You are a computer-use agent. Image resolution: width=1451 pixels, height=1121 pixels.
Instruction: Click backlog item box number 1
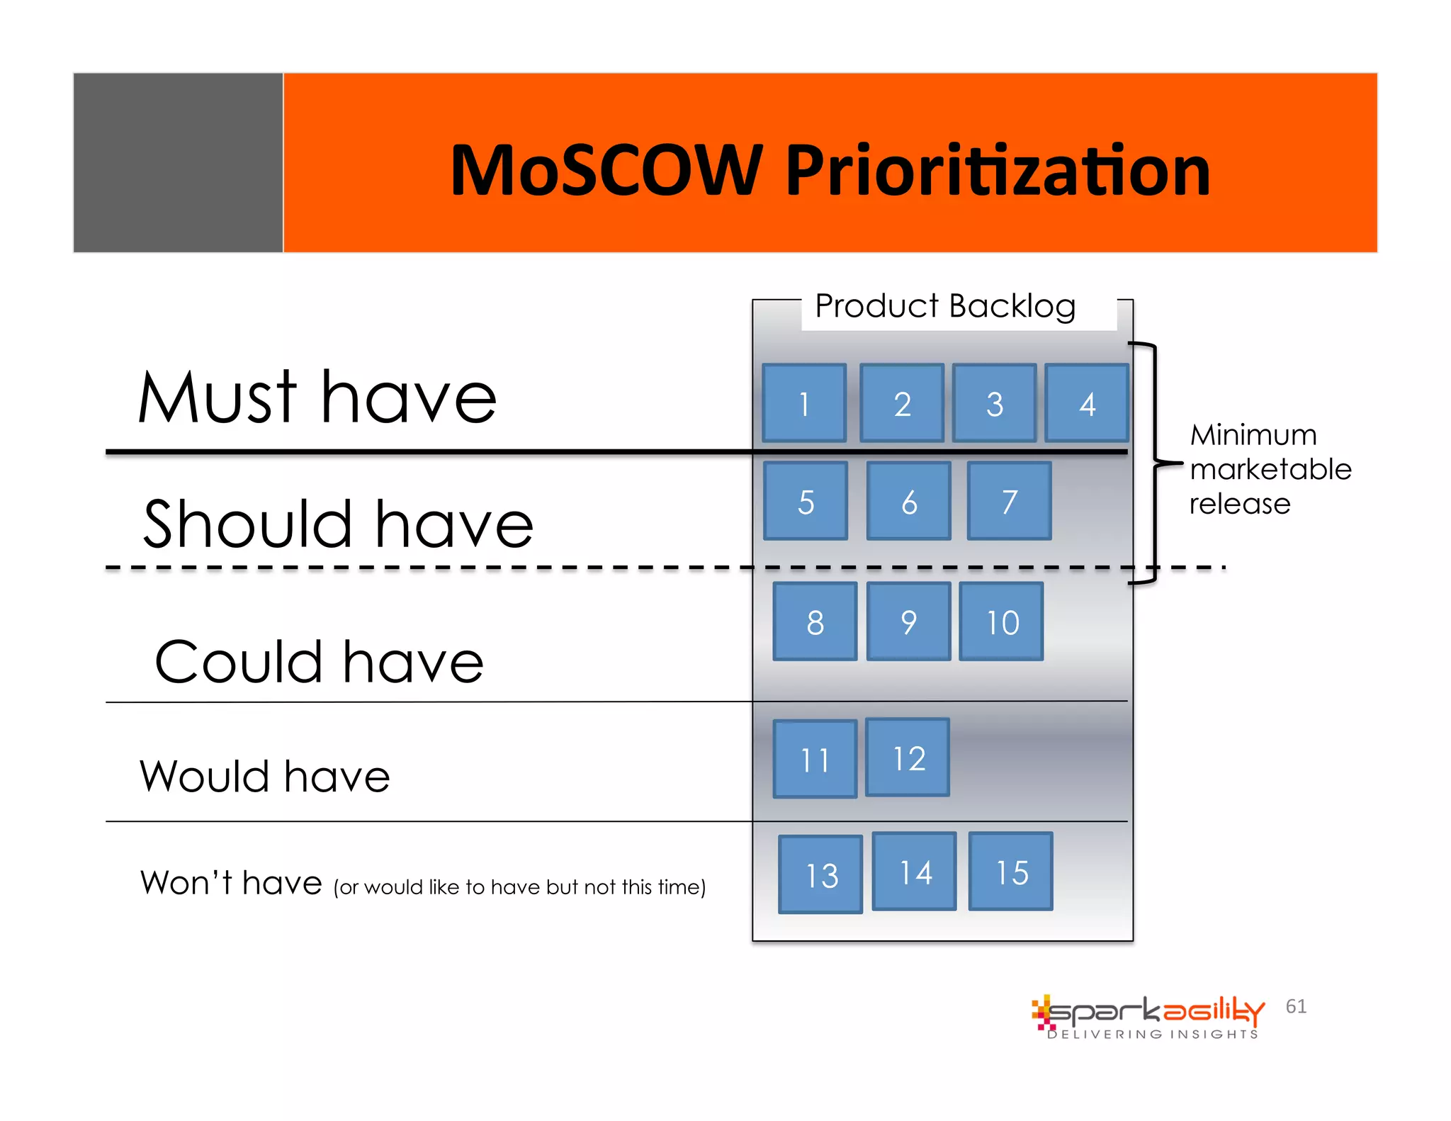pyautogui.click(x=804, y=403)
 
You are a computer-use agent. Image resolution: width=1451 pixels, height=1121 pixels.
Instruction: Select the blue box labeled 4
pyautogui.click(x=1087, y=403)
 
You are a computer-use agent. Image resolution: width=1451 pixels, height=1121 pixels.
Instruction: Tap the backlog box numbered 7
pyautogui.click(x=1009, y=501)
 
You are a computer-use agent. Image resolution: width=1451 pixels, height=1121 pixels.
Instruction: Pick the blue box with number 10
pyautogui.click(x=1001, y=621)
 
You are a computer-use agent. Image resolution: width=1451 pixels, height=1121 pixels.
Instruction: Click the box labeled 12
pyautogui.click(x=908, y=757)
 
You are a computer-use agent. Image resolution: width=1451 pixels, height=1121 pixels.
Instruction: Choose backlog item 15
pyautogui.click(x=1010, y=871)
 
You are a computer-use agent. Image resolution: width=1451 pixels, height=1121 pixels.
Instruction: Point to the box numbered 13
pyautogui.click(x=820, y=874)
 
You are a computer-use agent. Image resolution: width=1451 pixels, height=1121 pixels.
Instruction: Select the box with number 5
pyautogui.click(x=806, y=501)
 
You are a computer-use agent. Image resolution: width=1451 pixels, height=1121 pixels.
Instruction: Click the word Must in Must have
pyautogui.click(x=217, y=398)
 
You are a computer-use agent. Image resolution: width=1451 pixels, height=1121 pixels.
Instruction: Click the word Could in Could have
pyautogui.click(x=238, y=662)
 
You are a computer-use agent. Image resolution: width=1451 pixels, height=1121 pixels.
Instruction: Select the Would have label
pyautogui.click(x=264, y=776)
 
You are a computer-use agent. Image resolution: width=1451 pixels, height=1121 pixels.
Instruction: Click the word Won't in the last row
pyautogui.click(x=186, y=883)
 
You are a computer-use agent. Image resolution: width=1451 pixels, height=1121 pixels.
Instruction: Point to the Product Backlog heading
pyautogui.click(x=944, y=307)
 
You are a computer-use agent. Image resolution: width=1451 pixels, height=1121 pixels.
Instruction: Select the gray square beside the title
pyautogui.click(x=178, y=162)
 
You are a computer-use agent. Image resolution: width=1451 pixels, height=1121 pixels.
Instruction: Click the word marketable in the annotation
pyautogui.click(x=1270, y=469)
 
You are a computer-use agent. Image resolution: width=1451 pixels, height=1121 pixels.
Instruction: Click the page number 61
pyautogui.click(x=1296, y=1006)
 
